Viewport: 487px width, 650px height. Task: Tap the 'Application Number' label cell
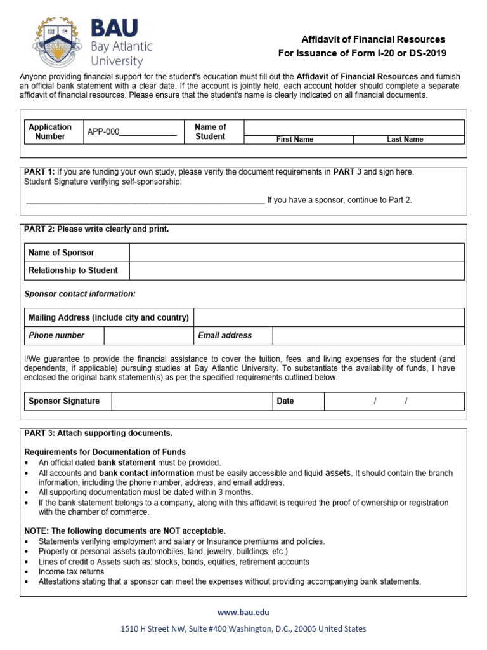(50, 131)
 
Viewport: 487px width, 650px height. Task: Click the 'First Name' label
(294, 140)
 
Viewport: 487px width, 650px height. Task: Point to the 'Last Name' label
(405, 140)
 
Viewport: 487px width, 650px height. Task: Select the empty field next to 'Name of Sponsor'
(296, 253)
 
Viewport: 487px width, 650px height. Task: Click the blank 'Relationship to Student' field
(296, 270)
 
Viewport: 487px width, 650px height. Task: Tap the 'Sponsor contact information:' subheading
(80, 295)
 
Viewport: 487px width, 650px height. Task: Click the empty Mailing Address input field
(328, 317)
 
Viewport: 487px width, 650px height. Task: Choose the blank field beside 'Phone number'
(148, 335)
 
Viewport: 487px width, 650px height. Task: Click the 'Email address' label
(224, 335)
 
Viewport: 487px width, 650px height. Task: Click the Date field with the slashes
(394, 401)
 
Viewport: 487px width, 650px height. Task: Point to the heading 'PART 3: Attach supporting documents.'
(98, 434)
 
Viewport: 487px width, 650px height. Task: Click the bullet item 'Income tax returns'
(72, 572)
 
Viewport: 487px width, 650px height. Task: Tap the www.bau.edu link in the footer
(243, 612)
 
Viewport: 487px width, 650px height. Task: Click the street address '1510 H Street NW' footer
(243, 629)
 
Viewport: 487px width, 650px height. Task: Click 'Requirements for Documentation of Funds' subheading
(105, 453)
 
